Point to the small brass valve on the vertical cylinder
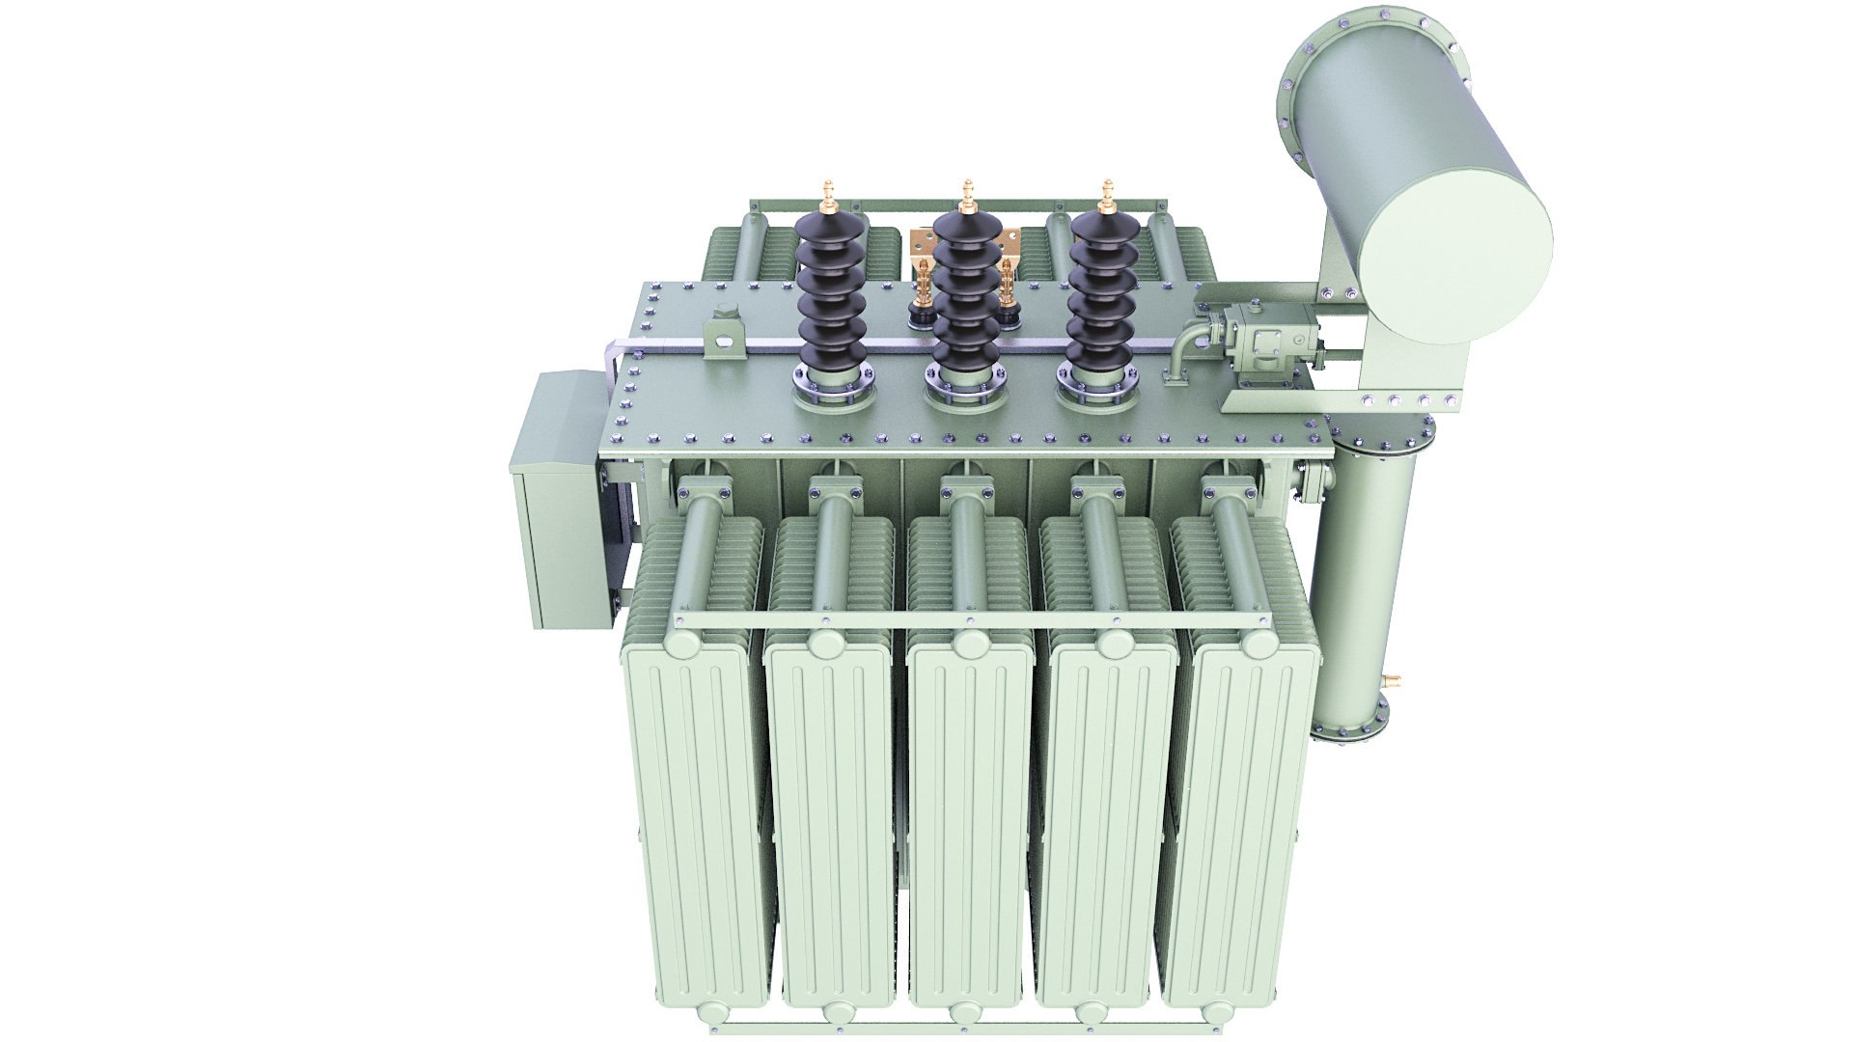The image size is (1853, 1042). [1391, 680]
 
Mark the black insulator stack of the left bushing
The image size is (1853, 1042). [831, 294]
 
